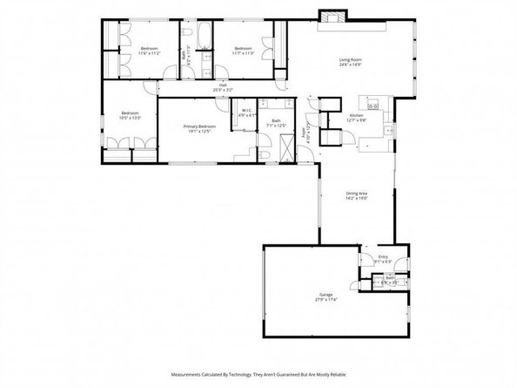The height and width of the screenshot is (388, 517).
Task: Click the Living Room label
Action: point(350,62)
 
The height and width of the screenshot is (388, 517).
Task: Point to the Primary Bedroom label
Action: point(199,129)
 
